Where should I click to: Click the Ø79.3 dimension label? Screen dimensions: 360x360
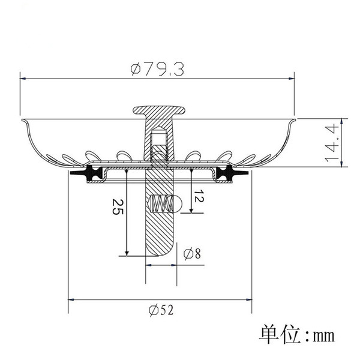[157, 70]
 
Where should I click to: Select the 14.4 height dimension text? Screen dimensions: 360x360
[332, 143]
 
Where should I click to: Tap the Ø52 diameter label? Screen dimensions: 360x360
[161, 310]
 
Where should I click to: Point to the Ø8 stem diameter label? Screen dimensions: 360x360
[193, 254]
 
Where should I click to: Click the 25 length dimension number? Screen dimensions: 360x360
[118, 207]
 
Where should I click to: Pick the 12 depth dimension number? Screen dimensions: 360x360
[199, 196]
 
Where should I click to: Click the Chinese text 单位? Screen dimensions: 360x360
[280, 334]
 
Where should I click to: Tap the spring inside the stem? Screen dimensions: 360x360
[161, 203]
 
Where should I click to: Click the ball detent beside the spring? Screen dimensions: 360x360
[178, 203]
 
